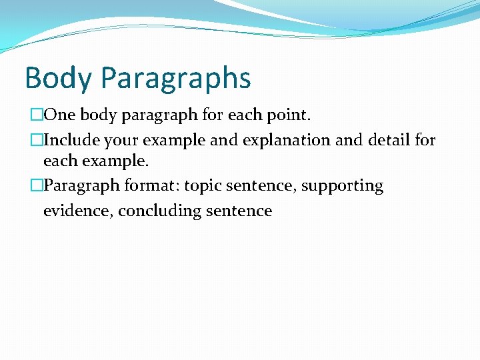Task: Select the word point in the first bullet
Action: point(288,115)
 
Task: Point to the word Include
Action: point(72,141)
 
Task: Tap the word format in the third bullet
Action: point(150,186)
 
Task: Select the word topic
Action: point(203,186)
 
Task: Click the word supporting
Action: point(342,186)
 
